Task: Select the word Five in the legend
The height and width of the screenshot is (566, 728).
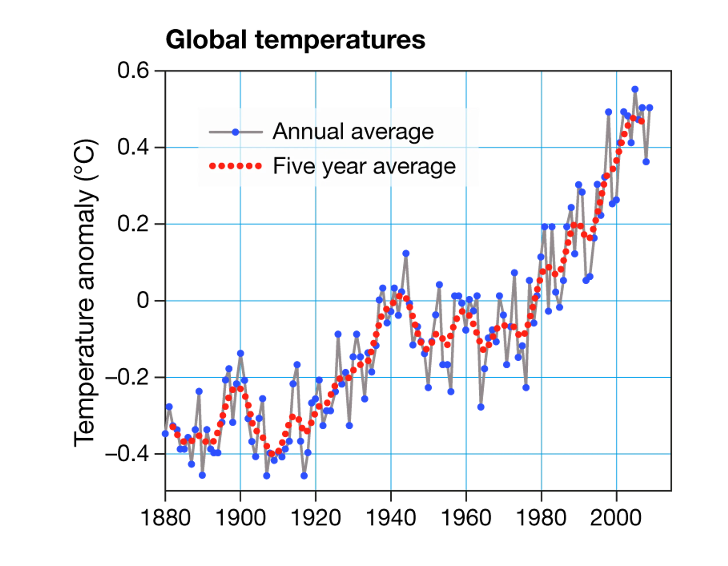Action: (294, 166)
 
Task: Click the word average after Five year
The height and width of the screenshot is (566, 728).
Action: (414, 167)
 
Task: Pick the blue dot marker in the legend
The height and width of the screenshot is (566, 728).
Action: (236, 132)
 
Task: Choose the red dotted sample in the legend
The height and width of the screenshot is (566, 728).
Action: (235, 166)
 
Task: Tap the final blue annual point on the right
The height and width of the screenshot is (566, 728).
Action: (650, 108)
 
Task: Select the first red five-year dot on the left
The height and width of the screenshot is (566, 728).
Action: (172, 427)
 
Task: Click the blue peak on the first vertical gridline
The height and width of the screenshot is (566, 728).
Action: (241, 353)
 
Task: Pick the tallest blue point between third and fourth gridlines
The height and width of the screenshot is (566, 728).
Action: (406, 253)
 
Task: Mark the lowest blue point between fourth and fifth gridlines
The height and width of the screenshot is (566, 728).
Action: (481, 407)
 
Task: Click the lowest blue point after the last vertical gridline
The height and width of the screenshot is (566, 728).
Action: (646, 162)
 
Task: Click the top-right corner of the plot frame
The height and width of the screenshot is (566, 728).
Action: (670, 70)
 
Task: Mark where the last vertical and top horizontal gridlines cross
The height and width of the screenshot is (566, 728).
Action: (617, 147)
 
